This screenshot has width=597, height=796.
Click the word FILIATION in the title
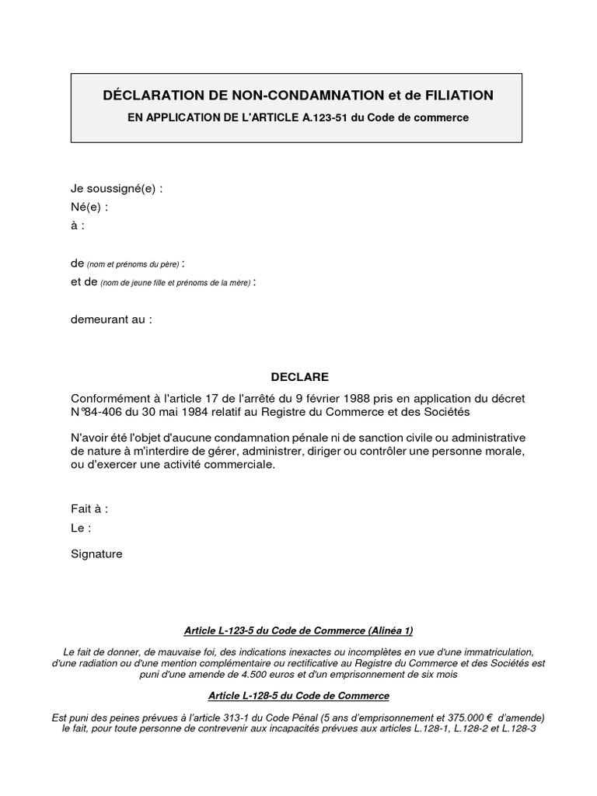pyautogui.click(x=449, y=95)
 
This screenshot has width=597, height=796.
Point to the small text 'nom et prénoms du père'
pyautogui.click(x=133, y=266)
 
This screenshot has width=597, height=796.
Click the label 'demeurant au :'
pyautogui.click(x=111, y=319)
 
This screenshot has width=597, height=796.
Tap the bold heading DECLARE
pyautogui.click(x=298, y=377)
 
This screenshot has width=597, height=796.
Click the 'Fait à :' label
pyautogui.click(x=89, y=509)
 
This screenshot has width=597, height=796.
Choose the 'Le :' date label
pyautogui.click(x=81, y=528)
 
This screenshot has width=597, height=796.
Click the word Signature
pyautogui.click(x=96, y=554)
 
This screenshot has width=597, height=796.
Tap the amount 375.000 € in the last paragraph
pyautogui.click(x=439, y=717)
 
